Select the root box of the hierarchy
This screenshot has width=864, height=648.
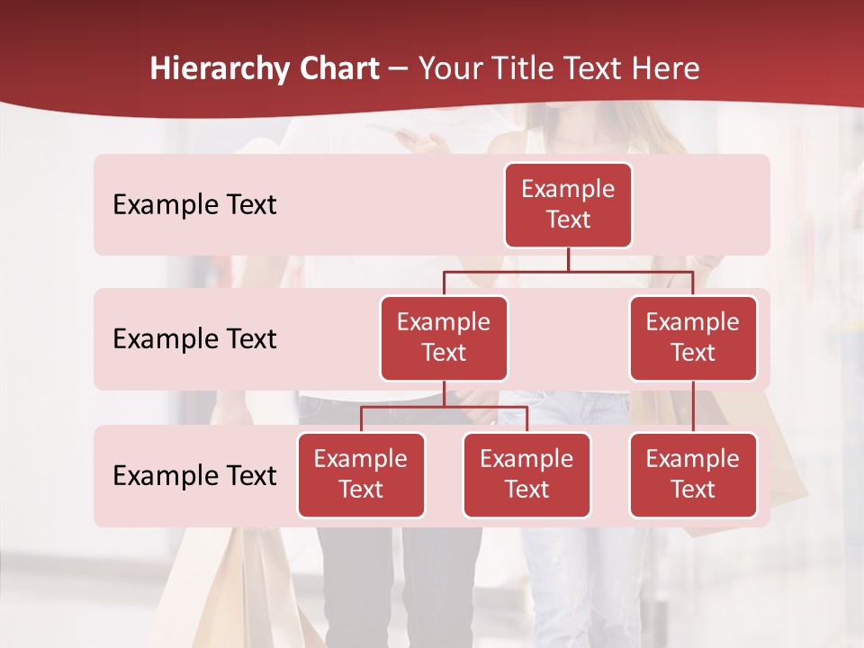pyautogui.click(x=568, y=205)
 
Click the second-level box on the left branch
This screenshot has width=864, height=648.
pyautogui.click(x=444, y=338)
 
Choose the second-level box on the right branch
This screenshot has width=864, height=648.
pyautogui.click(x=693, y=338)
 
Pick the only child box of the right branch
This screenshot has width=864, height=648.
pyautogui.click(x=693, y=475)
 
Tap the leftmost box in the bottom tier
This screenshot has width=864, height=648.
pyautogui.click(x=361, y=475)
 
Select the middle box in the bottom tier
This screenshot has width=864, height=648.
pyautogui.click(x=526, y=475)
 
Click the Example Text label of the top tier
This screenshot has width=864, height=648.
pyautogui.click(x=194, y=205)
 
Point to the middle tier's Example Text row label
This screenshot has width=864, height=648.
pyautogui.click(x=194, y=339)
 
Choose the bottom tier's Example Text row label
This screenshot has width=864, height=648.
pyautogui.click(x=194, y=475)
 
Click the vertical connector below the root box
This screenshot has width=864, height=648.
pyautogui.click(x=568, y=259)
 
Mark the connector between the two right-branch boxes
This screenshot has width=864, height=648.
pyautogui.click(x=693, y=407)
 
